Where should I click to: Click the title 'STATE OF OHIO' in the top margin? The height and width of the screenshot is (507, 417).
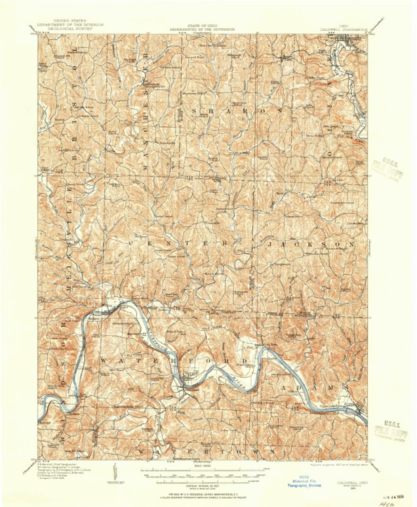click(x=205, y=25)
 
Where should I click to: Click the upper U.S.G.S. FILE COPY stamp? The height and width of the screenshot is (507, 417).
click(x=386, y=167)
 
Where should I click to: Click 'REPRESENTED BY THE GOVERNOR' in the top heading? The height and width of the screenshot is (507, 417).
click(x=205, y=30)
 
